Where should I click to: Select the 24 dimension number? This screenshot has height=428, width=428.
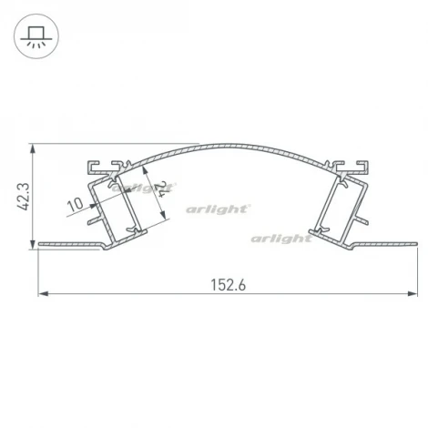point(161,190)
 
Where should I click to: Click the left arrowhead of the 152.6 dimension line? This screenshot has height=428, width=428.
point(43,293)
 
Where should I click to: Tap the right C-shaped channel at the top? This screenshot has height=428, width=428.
point(356,167)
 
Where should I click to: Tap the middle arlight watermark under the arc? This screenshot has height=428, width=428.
point(218,209)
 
